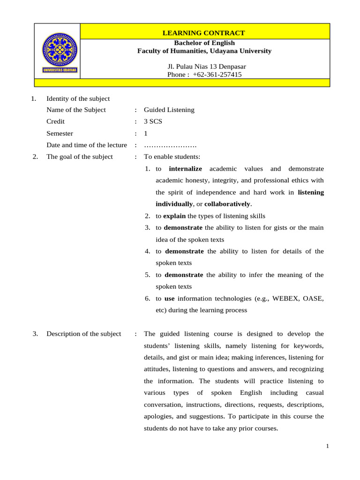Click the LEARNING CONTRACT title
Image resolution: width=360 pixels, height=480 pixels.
point(203,33)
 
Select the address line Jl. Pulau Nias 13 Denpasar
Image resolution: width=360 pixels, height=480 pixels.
point(203,67)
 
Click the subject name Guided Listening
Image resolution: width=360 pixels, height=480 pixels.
point(169,110)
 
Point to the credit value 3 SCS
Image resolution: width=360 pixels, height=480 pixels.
point(153,121)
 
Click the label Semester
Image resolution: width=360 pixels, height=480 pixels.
point(60,133)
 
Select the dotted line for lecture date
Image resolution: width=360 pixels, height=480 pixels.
point(170,145)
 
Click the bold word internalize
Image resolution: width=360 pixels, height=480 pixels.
point(185,169)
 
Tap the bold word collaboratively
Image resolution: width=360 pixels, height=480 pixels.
point(227,204)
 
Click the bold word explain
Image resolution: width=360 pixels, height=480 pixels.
point(174,216)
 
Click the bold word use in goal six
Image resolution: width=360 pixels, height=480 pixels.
point(169,298)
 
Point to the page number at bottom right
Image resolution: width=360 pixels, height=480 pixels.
point(328,446)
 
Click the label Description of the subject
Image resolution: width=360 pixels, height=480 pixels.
point(83,334)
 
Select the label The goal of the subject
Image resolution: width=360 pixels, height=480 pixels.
point(79,157)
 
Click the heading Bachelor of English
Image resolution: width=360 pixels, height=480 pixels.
point(204,43)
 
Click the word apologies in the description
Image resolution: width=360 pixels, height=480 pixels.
point(159,416)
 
